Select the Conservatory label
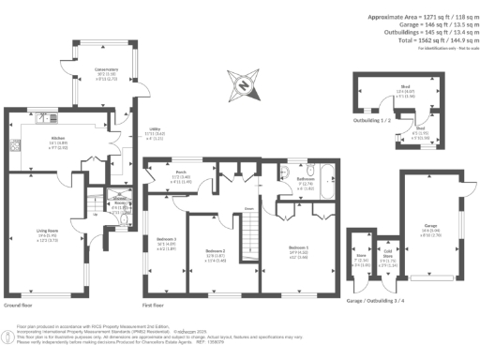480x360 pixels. tap(104, 71)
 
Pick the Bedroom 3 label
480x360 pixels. tap(168, 240)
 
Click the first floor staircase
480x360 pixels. tap(250, 231)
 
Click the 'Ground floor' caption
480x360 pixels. tap(20, 306)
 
